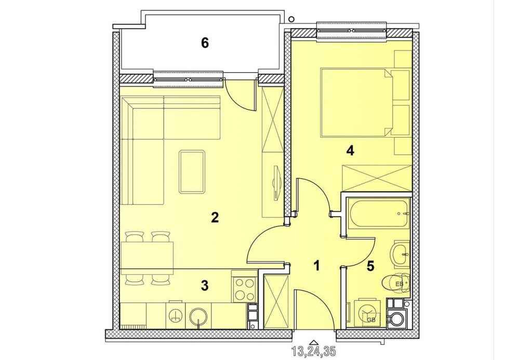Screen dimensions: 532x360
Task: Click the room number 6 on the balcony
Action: click(205, 43)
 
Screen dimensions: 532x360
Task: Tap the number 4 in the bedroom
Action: click(350, 150)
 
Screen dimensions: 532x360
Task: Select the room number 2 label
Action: click(215, 218)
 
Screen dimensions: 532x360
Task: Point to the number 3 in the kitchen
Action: click(204, 286)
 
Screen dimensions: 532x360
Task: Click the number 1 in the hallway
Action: click(316, 265)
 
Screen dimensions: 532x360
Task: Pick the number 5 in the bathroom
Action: click(370, 266)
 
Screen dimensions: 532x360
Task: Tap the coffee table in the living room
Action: click(192, 172)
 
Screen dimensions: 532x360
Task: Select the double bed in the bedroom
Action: click(356, 102)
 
